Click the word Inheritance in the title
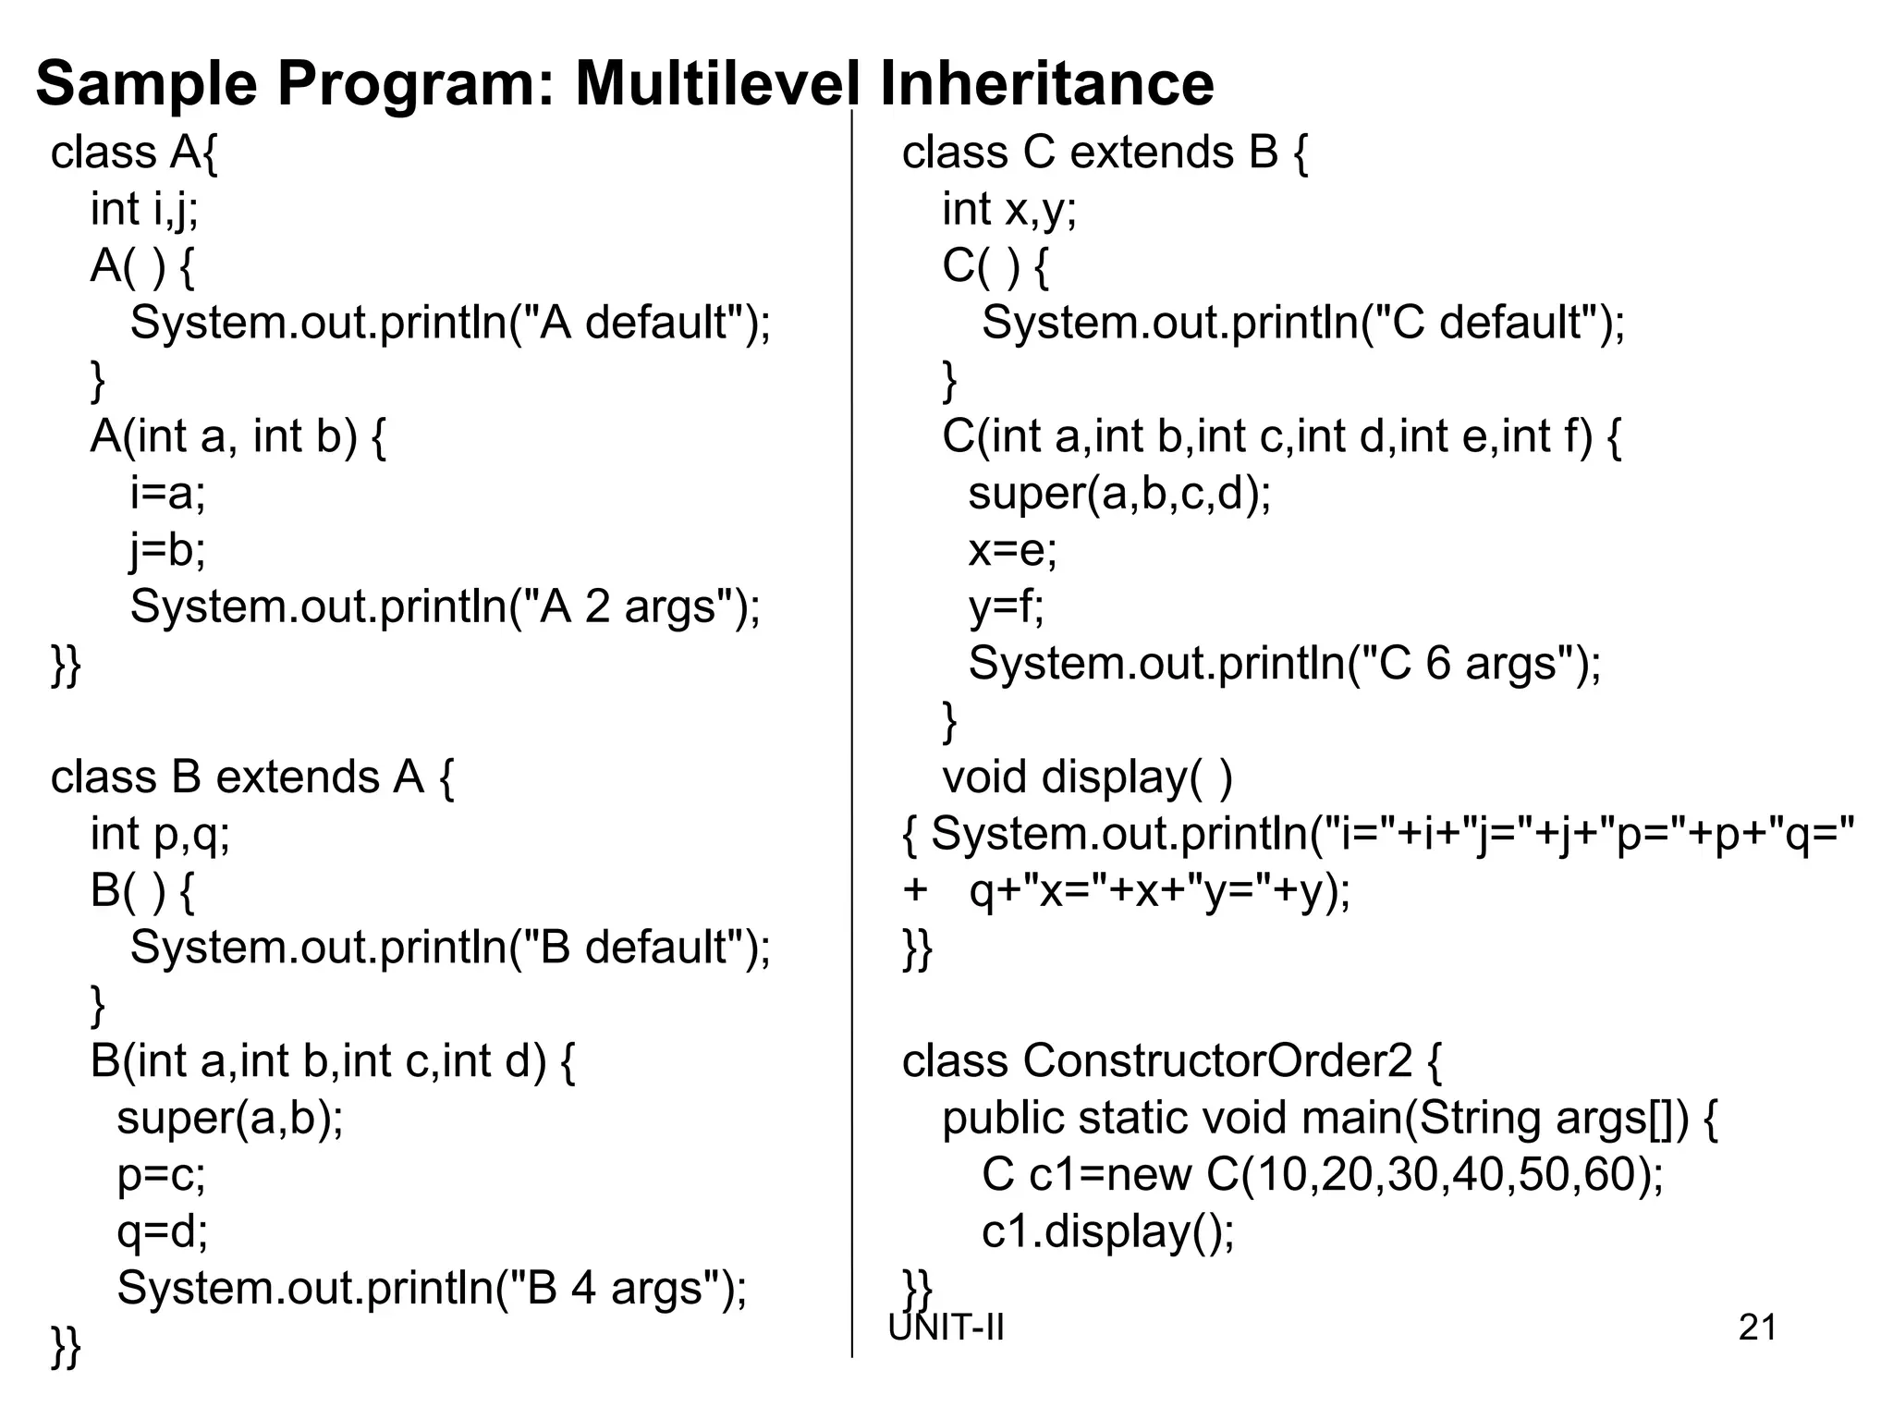(x=1046, y=83)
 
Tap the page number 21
(x=1757, y=1328)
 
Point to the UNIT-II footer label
(x=946, y=1328)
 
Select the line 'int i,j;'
(x=144, y=209)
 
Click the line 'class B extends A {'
(x=252, y=777)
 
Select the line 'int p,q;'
(x=160, y=834)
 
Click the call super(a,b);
(x=230, y=1118)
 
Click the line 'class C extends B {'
(x=1105, y=153)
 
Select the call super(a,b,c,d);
(x=1119, y=493)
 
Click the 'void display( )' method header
(x=1087, y=777)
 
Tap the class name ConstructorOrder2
(x=1217, y=1060)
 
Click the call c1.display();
(x=1107, y=1231)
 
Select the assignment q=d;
(x=163, y=1231)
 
